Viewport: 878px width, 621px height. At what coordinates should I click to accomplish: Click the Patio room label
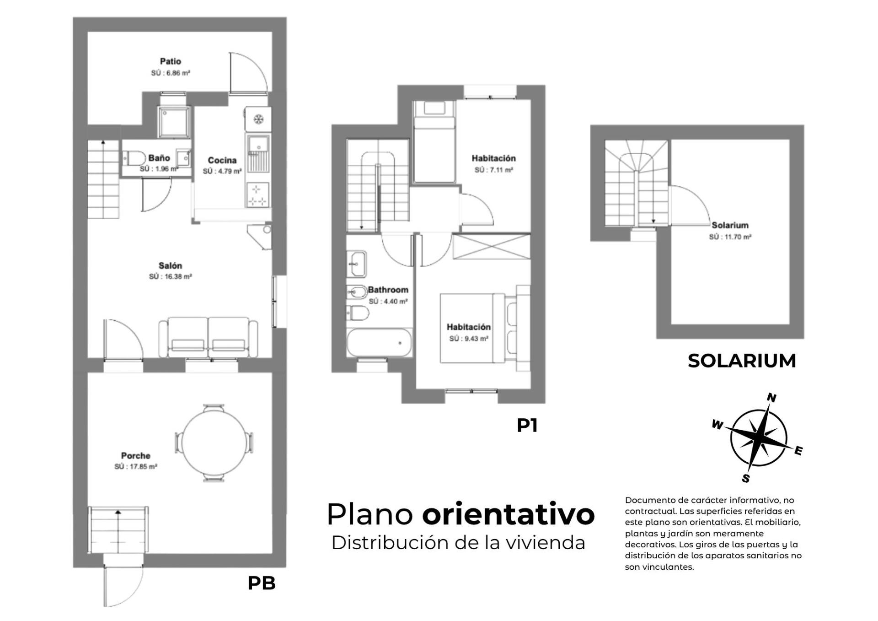pyautogui.click(x=171, y=61)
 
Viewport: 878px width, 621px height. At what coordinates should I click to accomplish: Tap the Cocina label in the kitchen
pyautogui.click(x=222, y=160)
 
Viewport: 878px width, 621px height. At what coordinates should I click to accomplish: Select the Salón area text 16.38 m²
pyautogui.click(x=171, y=277)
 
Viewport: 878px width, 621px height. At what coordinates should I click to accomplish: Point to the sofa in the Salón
pyautogui.click(x=208, y=337)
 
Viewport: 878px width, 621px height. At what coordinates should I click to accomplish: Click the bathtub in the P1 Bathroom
pyautogui.click(x=379, y=342)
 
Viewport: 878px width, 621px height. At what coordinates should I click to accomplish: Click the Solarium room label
pyautogui.click(x=730, y=225)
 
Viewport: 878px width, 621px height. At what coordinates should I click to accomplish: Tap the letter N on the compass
pyautogui.click(x=771, y=398)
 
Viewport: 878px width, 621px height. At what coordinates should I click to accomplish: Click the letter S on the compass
pyautogui.click(x=746, y=479)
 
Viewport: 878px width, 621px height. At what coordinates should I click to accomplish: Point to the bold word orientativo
pyautogui.click(x=509, y=514)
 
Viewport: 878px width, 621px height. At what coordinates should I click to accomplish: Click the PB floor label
pyautogui.click(x=262, y=583)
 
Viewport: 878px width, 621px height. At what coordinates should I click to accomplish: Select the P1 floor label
pyautogui.click(x=527, y=426)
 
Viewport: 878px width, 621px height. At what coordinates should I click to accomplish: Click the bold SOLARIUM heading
pyautogui.click(x=742, y=361)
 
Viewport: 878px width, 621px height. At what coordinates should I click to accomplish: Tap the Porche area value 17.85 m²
pyautogui.click(x=136, y=467)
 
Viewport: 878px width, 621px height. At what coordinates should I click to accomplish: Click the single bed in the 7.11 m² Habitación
pyautogui.click(x=434, y=142)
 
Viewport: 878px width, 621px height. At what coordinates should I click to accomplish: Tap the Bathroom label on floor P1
pyautogui.click(x=388, y=290)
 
